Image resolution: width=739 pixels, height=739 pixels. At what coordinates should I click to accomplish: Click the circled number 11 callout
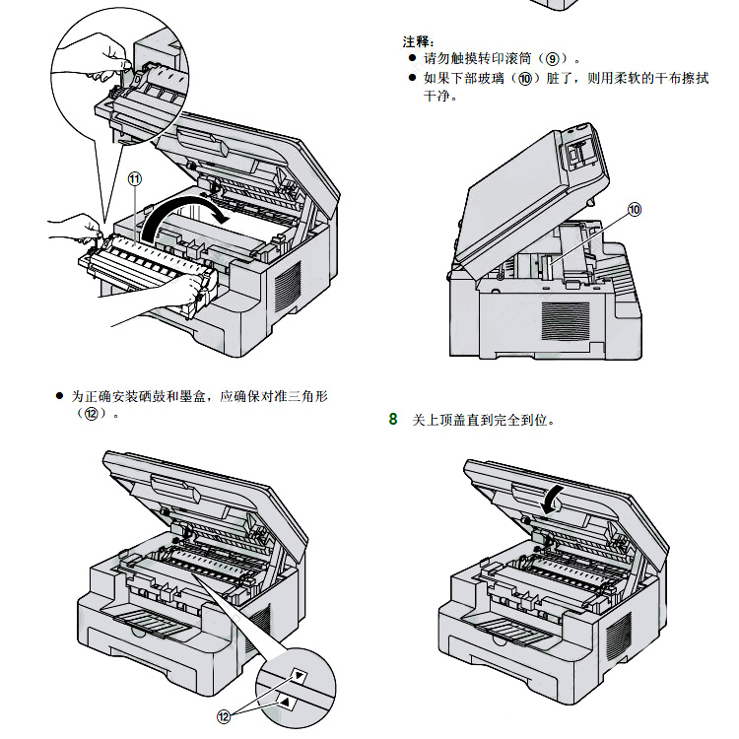coord(135,178)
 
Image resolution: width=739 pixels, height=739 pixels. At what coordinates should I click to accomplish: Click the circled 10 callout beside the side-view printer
coord(635,209)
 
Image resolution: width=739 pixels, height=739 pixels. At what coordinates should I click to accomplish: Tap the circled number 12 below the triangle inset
coord(225,716)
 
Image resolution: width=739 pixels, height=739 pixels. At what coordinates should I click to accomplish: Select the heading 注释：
coord(419,41)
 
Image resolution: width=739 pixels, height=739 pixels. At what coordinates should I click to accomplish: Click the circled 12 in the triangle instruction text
coord(93,414)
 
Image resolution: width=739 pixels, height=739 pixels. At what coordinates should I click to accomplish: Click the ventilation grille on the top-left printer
coord(287,285)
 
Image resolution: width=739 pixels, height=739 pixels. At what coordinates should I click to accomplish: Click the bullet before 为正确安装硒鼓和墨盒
coord(59,396)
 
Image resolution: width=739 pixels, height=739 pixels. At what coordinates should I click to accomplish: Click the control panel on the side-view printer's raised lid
coord(581,150)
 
